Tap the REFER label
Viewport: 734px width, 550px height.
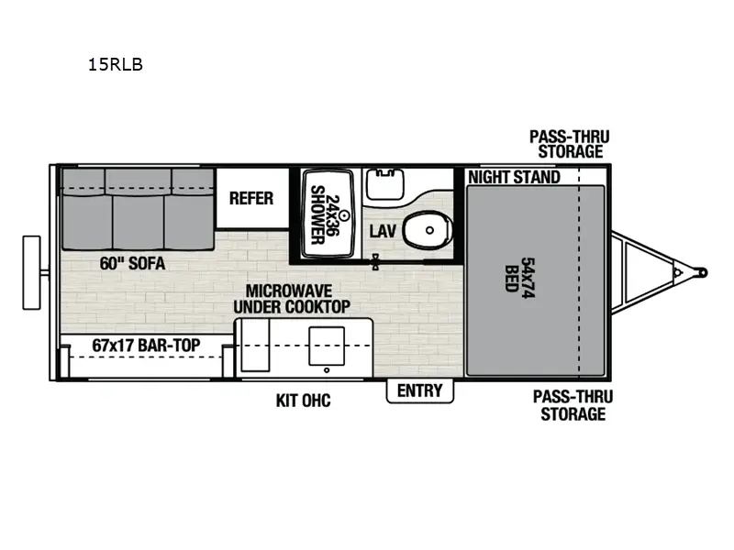[251, 198]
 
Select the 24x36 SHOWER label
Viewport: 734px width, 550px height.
[317, 214]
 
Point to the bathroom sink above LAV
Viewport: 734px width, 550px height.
[384, 183]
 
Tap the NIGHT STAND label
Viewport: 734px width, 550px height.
[514, 177]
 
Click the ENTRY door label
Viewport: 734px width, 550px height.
[419, 390]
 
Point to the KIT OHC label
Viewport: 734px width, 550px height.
[303, 401]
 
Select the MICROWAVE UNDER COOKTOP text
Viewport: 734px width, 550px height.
[291, 298]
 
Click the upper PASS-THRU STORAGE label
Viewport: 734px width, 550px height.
[570, 144]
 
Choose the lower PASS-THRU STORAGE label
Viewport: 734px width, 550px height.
[573, 405]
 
